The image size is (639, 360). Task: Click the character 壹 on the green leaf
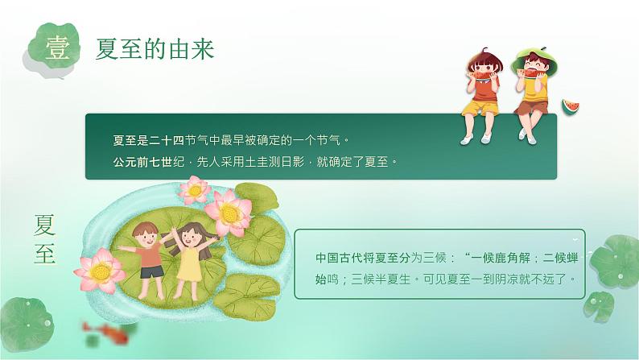(x=57, y=49)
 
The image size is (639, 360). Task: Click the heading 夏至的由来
(x=155, y=50)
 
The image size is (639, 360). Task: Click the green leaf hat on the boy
(x=533, y=58)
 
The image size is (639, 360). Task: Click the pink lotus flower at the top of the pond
(x=195, y=191)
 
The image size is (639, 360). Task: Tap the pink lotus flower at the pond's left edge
(x=99, y=269)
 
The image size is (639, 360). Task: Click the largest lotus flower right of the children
(x=229, y=211)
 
